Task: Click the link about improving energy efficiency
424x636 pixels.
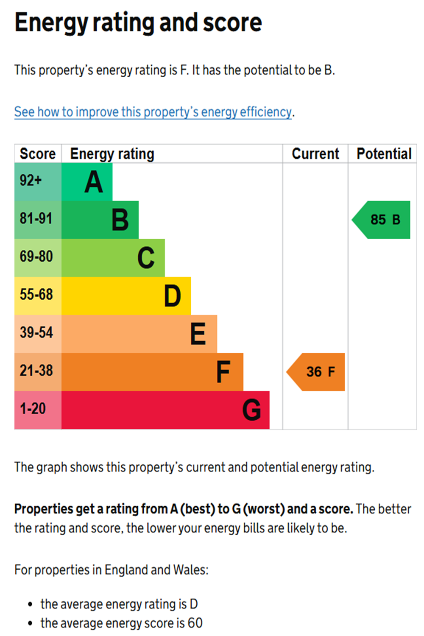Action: pyautogui.click(x=153, y=112)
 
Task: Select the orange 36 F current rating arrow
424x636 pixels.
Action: pyautogui.click(x=316, y=372)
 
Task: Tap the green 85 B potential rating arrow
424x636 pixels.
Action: pyautogui.click(x=382, y=220)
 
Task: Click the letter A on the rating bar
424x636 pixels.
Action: pyautogui.click(x=94, y=182)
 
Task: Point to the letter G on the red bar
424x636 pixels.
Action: pyautogui.click(x=251, y=410)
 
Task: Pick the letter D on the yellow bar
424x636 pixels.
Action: pyautogui.click(x=172, y=296)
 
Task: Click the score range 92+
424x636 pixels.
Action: pyautogui.click(x=31, y=181)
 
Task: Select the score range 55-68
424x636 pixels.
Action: pyautogui.click(x=36, y=294)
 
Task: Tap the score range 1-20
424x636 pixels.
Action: pyautogui.click(x=33, y=409)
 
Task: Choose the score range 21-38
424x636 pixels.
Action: pyautogui.click(x=36, y=371)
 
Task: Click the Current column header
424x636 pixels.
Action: pyautogui.click(x=315, y=154)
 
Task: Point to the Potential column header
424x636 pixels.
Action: pyautogui.click(x=384, y=154)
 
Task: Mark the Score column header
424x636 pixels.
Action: pyautogui.click(x=38, y=154)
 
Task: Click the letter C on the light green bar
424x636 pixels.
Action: pyautogui.click(x=146, y=258)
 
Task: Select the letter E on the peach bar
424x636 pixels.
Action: pyautogui.click(x=198, y=334)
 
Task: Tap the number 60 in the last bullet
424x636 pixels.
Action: pyautogui.click(x=195, y=623)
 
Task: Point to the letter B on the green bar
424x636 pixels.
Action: pyautogui.click(x=120, y=220)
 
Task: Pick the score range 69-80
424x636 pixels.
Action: pyautogui.click(x=36, y=257)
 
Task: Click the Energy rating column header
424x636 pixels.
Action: pyautogui.click(x=112, y=154)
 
